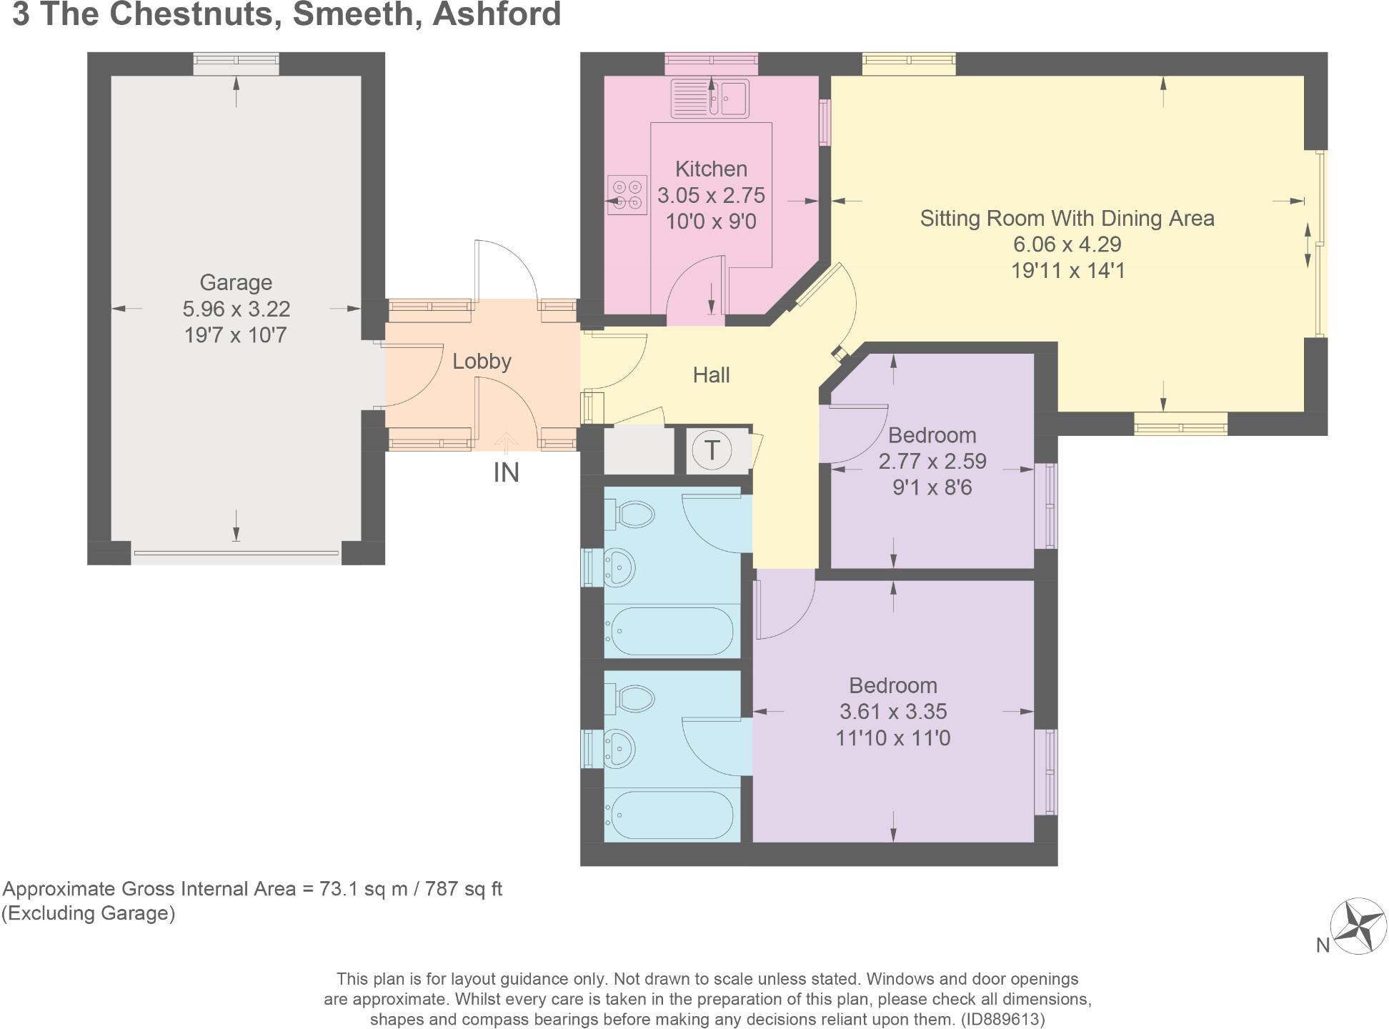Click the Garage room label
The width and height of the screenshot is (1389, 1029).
tap(236, 282)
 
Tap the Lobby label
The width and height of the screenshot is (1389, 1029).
tap(482, 361)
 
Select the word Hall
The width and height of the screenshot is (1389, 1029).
tap(711, 374)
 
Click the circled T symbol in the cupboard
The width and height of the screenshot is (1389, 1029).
tap(712, 451)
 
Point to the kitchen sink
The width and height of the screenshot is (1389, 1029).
tap(710, 98)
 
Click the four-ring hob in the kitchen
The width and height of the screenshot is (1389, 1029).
tap(627, 194)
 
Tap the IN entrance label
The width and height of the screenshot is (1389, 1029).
tap(506, 472)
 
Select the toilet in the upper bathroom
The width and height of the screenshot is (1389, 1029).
tap(632, 514)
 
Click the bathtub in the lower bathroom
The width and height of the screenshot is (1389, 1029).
tap(670, 815)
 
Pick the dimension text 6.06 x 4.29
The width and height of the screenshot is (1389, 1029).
tap(1067, 244)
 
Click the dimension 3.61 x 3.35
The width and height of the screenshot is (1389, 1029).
tap(892, 712)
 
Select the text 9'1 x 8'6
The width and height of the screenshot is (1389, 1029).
tap(932, 487)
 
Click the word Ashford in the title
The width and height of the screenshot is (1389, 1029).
tap(497, 14)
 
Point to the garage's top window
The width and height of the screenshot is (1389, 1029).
tap(236, 64)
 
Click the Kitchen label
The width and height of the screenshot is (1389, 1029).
tap(711, 169)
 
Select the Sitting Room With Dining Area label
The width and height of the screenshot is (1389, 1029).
tap(1067, 218)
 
